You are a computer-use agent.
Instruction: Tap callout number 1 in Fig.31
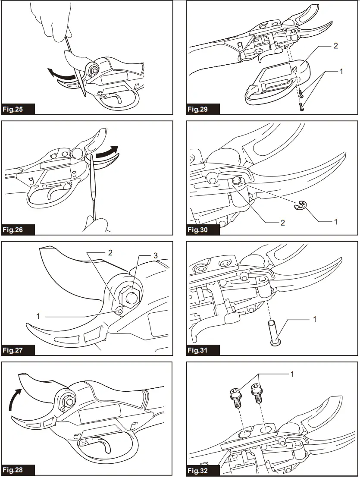click(315, 320)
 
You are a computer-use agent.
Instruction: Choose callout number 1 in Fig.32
click(292, 374)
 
